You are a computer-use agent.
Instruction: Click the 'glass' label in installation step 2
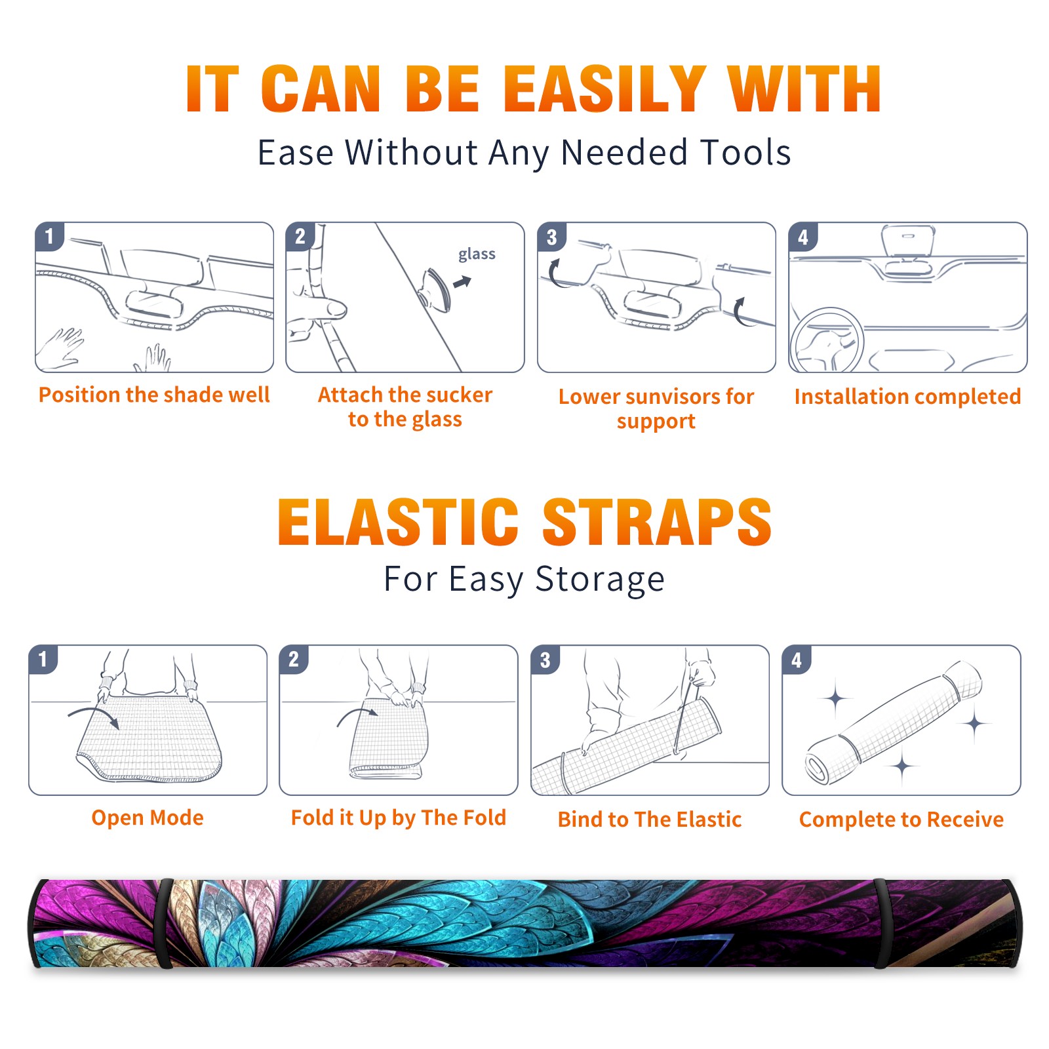click(x=477, y=254)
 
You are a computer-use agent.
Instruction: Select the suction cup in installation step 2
click(x=435, y=289)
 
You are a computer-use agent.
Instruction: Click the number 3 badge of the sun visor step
click(x=552, y=237)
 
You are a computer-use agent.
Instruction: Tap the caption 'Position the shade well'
click(x=154, y=395)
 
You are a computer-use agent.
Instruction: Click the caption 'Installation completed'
click(x=907, y=397)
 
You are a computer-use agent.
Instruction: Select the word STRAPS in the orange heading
click(x=657, y=522)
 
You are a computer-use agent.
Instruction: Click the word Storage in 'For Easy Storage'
click(x=600, y=580)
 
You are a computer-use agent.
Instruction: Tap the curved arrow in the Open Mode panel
click(x=94, y=717)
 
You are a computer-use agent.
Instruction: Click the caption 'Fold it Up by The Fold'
click(x=399, y=818)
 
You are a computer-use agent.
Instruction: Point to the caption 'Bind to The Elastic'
click(x=650, y=820)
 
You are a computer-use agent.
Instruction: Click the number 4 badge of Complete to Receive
click(x=797, y=660)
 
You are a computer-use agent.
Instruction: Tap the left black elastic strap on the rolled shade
click(x=164, y=923)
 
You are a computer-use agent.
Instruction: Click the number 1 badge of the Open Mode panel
click(x=43, y=659)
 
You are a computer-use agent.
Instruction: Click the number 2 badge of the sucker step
click(x=300, y=236)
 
